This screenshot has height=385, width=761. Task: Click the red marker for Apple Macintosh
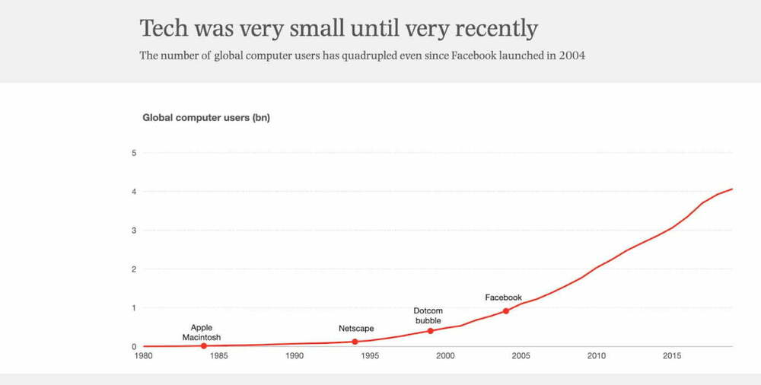(x=203, y=346)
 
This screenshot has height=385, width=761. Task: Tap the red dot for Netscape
(x=355, y=342)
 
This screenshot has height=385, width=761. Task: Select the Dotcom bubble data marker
(x=430, y=331)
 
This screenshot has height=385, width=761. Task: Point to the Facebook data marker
(x=505, y=311)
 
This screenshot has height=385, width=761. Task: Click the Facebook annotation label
(x=503, y=297)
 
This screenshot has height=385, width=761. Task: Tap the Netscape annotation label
(x=356, y=329)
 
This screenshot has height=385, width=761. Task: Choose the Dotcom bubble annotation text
(x=428, y=316)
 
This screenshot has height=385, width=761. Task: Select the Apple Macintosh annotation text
(x=202, y=332)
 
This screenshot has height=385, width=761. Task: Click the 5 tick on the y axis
(x=134, y=153)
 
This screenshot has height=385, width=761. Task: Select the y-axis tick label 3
(x=134, y=231)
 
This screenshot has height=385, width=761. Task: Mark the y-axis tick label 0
(x=134, y=347)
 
